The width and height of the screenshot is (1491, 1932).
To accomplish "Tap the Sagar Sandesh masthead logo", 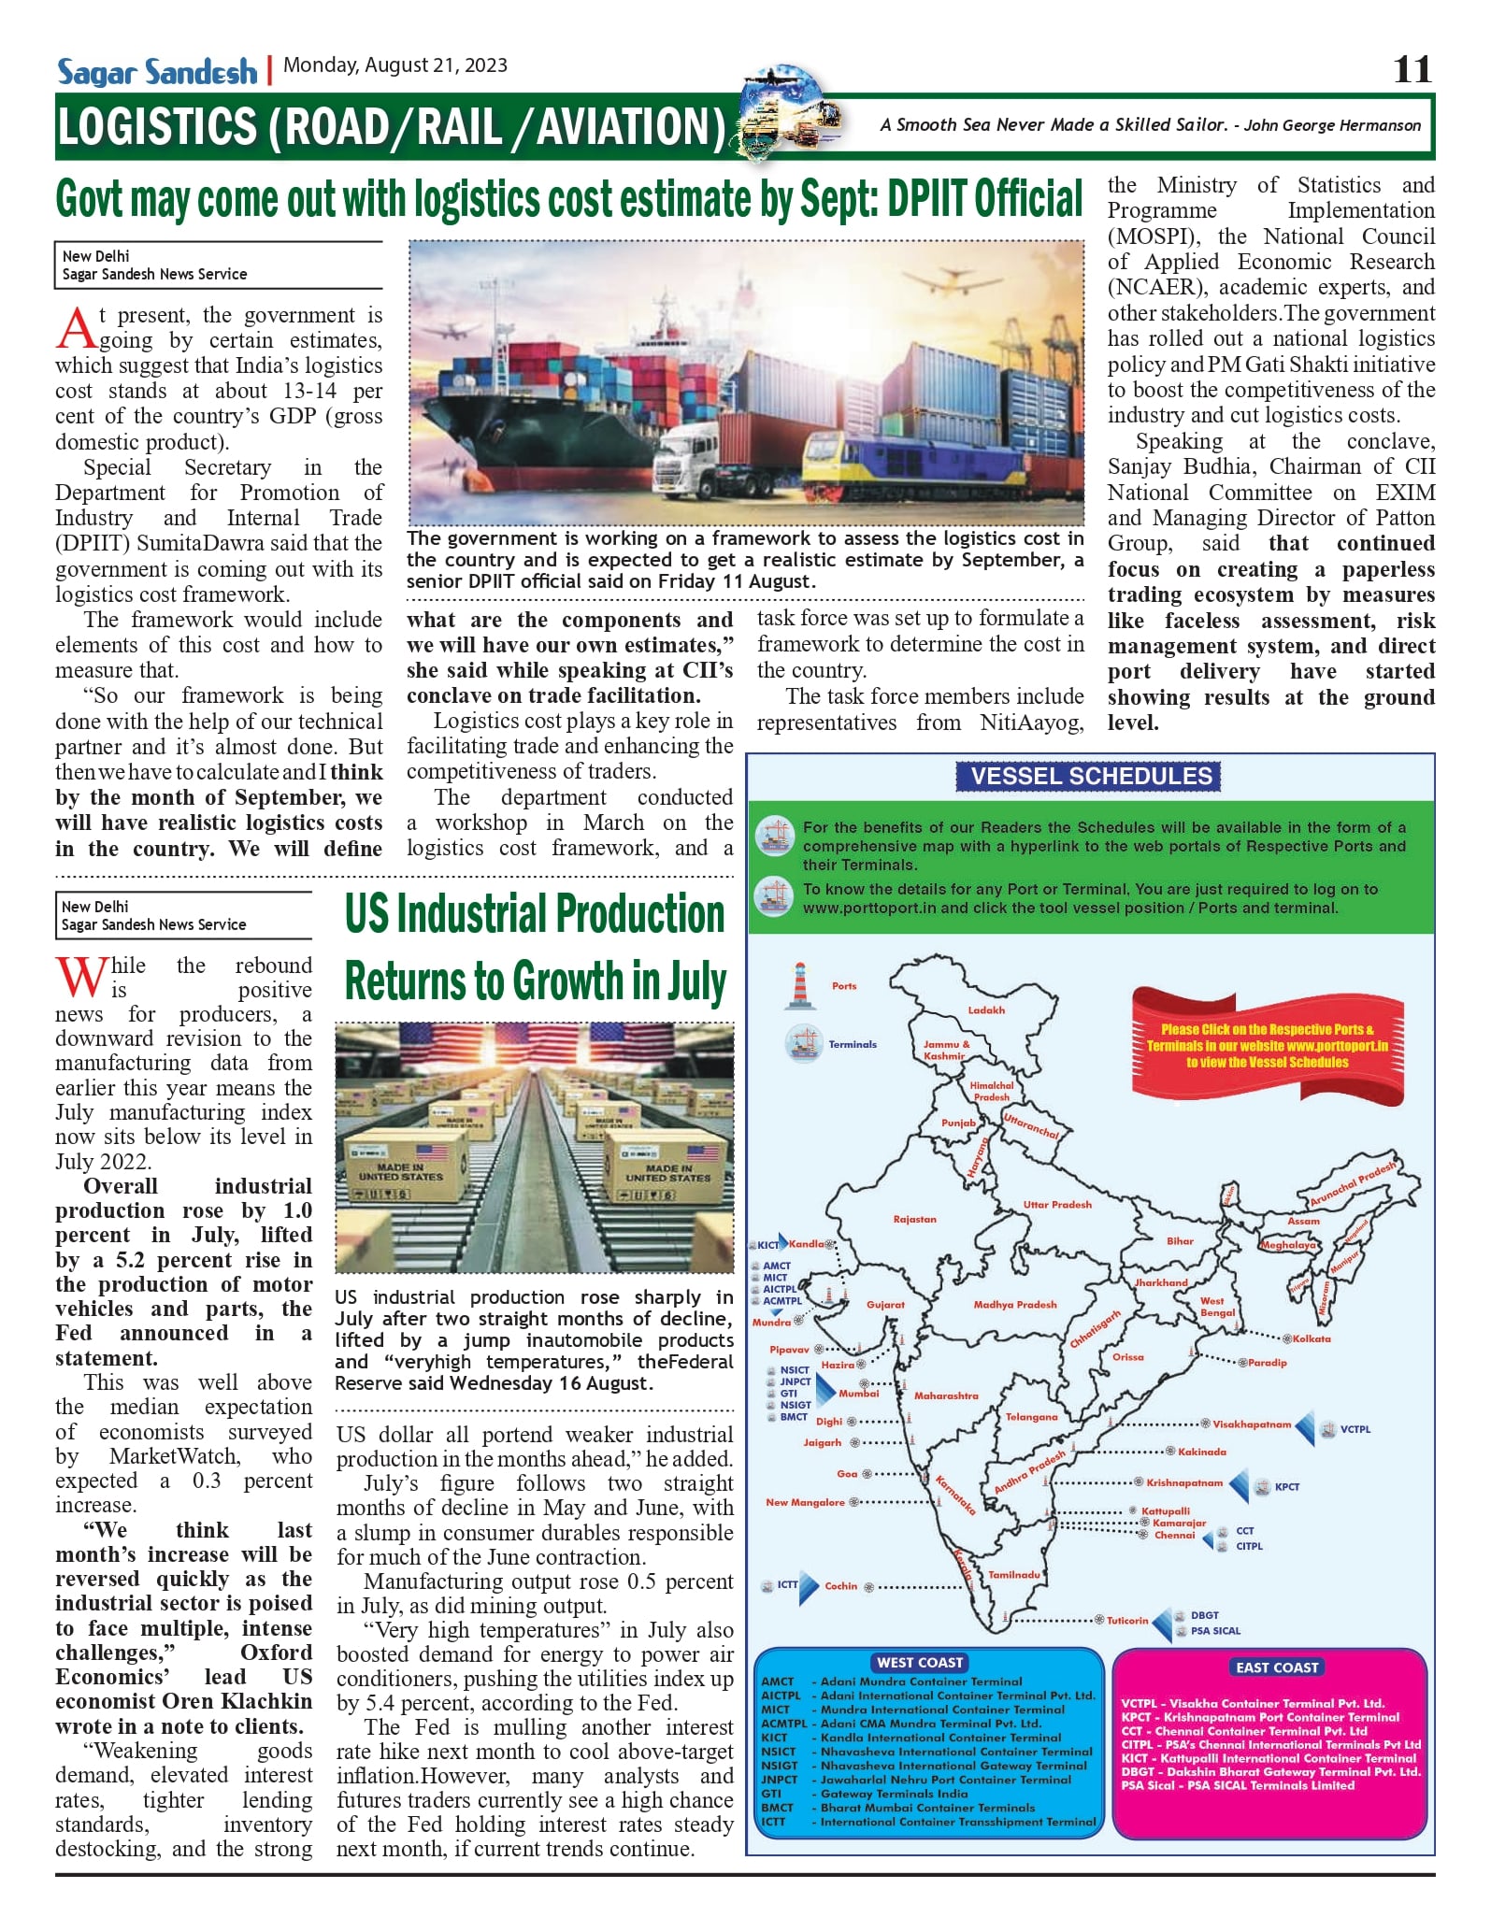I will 156,72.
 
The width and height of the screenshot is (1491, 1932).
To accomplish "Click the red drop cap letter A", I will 76,329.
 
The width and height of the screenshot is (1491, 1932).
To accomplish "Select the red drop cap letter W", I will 80,978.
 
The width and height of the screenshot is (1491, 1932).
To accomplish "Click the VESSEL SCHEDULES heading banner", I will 1090,776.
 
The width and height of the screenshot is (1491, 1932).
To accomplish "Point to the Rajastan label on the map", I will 914,1220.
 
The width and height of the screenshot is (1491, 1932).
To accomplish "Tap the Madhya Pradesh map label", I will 1015,1304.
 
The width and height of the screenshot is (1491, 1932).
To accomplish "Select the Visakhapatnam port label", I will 1252,1424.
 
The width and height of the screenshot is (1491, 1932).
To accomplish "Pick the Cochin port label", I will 840,1585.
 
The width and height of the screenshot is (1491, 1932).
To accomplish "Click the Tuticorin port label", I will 1127,1620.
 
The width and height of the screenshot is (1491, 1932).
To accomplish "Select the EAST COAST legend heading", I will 1276,1667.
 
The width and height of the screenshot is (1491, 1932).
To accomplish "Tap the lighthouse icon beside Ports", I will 799,986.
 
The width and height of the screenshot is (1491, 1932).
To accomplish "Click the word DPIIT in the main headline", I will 928,200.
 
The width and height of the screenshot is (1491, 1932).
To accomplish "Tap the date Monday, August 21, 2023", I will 395,65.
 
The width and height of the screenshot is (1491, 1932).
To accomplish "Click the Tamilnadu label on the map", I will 1014,1574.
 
